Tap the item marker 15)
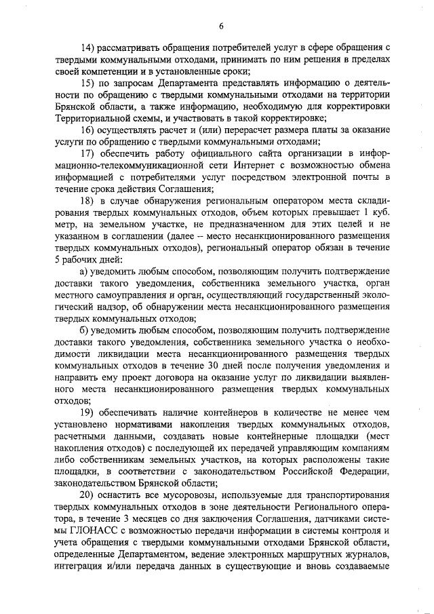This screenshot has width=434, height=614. coord(87,83)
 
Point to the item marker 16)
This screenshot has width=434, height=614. coord(87,130)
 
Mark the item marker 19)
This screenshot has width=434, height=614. coord(87,413)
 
